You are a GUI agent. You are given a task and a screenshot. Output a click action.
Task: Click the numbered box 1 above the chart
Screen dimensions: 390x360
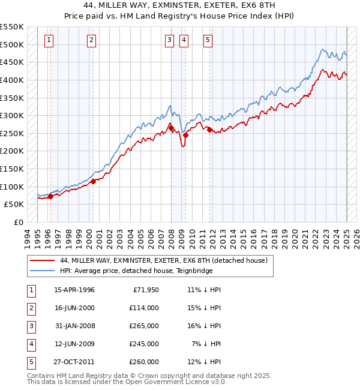49,40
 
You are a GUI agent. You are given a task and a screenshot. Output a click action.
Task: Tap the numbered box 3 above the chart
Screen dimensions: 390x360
170,40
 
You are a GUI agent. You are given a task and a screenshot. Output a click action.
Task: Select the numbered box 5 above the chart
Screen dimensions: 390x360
208,40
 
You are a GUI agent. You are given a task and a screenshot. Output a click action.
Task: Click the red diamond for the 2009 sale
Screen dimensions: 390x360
185,135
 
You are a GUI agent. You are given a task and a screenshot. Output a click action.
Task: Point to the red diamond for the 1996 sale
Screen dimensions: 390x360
50,196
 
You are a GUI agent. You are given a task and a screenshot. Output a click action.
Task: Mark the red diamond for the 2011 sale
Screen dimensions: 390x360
209,130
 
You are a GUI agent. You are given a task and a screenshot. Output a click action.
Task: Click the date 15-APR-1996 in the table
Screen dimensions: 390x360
74,290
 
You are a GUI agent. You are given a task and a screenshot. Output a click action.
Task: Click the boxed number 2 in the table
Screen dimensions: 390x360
30,308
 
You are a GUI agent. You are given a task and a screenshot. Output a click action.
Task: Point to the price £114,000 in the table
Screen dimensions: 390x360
143,308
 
